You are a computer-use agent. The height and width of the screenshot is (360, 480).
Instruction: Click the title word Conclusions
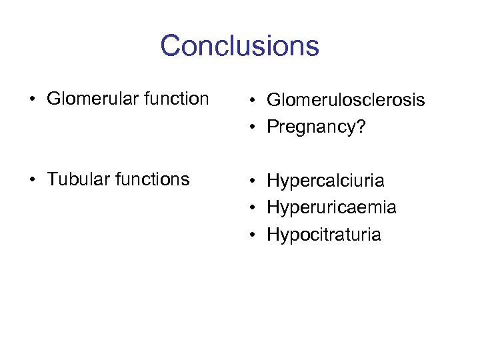click(239, 46)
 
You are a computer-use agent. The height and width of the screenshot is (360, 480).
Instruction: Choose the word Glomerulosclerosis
click(345, 100)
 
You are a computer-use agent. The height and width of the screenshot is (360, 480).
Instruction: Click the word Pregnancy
click(311, 127)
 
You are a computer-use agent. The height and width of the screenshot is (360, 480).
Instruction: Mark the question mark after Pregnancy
click(361, 127)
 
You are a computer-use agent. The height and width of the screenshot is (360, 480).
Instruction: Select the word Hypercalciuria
click(325, 181)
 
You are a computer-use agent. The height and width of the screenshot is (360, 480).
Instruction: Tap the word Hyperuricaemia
click(331, 208)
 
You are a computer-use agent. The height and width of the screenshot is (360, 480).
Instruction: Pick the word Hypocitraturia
click(324, 235)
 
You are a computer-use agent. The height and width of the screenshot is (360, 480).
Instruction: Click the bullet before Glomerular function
click(32, 100)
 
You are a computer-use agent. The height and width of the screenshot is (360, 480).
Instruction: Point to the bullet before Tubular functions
click(32, 180)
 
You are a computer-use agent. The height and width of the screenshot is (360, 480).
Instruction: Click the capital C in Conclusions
click(171, 46)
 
